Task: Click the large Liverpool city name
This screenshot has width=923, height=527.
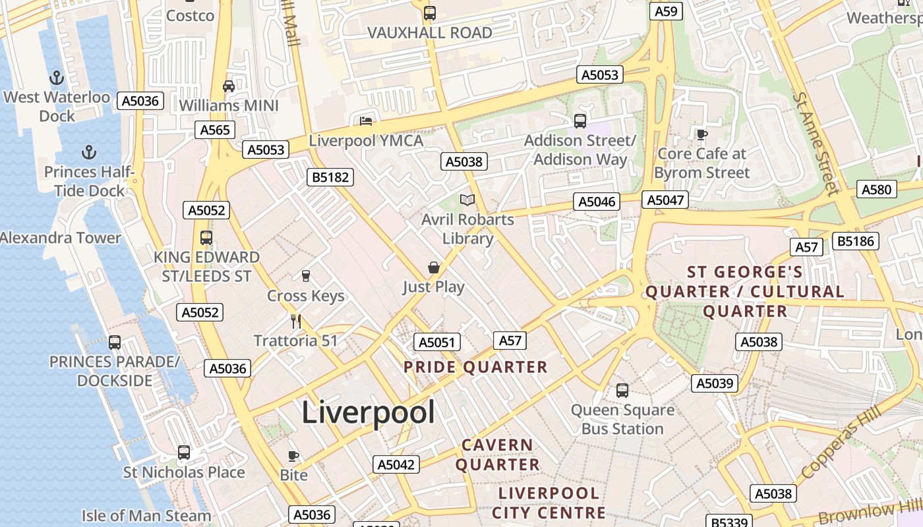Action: point(368,413)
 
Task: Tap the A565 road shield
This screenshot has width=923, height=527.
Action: point(215,130)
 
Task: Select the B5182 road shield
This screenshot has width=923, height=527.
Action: point(330,177)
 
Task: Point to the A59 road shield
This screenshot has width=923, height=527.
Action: point(666,11)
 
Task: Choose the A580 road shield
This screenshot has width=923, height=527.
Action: point(877,190)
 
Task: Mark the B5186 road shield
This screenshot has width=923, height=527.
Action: point(856,241)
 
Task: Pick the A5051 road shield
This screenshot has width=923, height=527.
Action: point(436,342)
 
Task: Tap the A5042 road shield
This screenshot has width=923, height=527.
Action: point(396,464)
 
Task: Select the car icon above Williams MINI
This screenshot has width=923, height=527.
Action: point(229,86)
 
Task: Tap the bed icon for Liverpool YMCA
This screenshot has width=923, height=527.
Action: point(366,121)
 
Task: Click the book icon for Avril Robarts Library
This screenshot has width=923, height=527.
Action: point(467,200)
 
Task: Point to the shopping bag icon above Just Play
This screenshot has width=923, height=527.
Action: point(434,267)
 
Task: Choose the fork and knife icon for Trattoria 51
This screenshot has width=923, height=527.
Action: point(296,321)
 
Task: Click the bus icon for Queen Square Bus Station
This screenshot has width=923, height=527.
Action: point(622,391)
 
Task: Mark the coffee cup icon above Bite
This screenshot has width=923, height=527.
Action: point(293,456)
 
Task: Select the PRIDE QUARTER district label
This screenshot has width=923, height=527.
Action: point(475,367)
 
